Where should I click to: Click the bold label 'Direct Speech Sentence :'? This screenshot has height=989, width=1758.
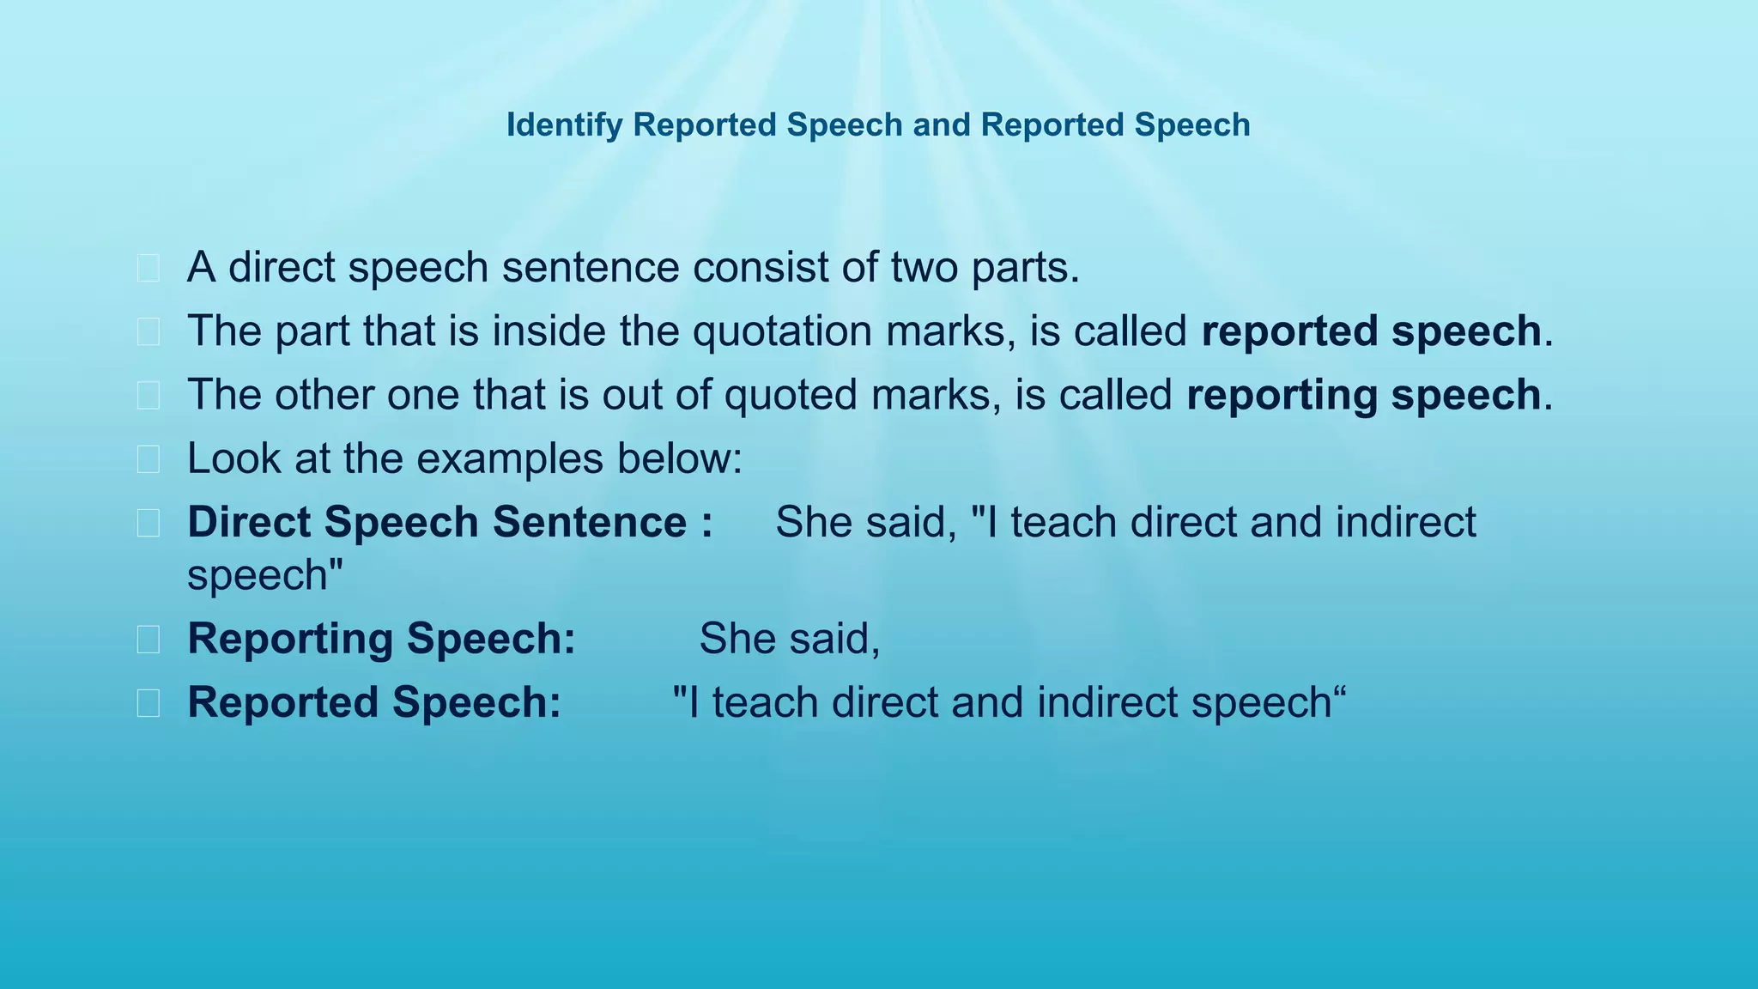click(x=450, y=522)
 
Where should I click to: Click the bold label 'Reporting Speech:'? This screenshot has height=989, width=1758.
click(x=381, y=638)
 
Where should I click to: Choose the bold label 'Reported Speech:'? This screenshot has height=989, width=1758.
click(x=374, y=701)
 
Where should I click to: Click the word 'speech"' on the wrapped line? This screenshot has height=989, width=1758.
click(x=265, y=574)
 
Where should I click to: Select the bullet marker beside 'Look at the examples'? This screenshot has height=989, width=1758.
click(x=149, y=459)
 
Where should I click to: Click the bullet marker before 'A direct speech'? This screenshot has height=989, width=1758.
click(x=149, y=269)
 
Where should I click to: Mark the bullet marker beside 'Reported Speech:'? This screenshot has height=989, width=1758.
click(x=149, y=703)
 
